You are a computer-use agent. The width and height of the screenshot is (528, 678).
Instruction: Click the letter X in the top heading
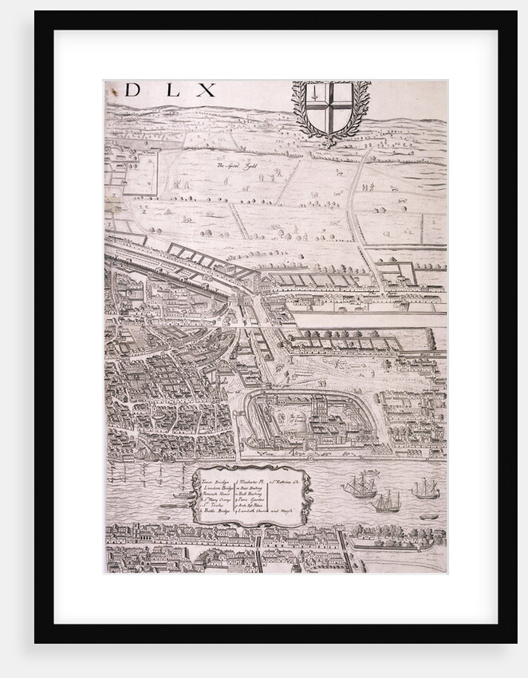[206, 90]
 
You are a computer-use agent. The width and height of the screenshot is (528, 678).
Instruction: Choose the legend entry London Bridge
[217, 488]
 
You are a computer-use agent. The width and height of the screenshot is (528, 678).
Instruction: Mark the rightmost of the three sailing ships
[425, 488]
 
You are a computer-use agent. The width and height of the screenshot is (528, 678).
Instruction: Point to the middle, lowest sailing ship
[387, 502]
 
